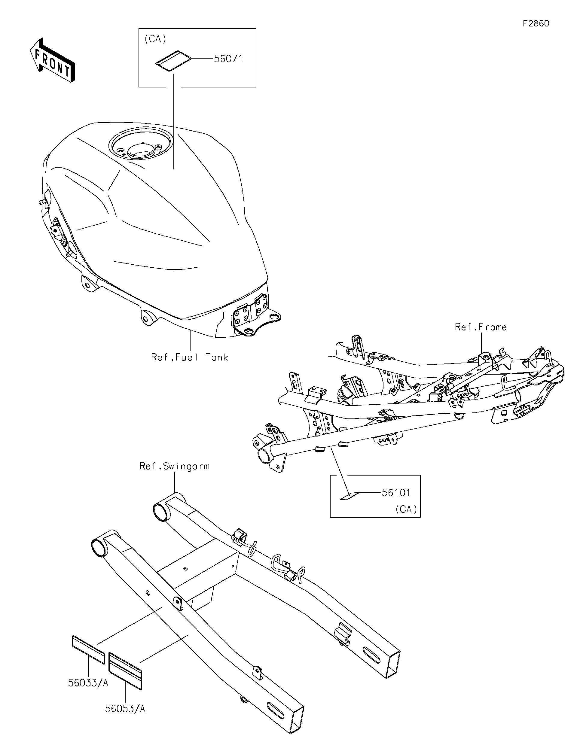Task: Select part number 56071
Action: [228, 59]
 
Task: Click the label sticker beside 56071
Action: [173, 61]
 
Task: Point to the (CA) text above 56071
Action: [155, 39]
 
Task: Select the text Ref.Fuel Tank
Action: [189, 357]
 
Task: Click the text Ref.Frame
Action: [481, 327]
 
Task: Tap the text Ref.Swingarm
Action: [174, 466]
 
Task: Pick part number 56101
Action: [396, 493]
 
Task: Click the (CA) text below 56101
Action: [406, 509]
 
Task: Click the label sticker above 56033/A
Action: [88, 649]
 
